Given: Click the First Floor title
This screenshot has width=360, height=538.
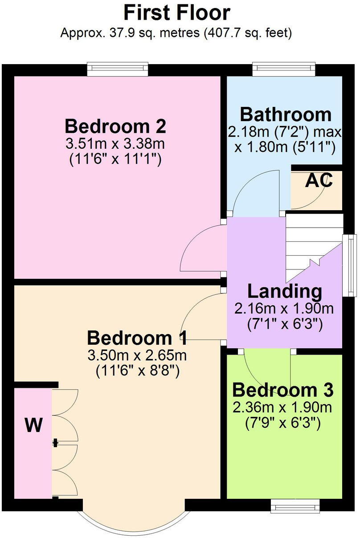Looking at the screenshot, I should click(x=177, y=12).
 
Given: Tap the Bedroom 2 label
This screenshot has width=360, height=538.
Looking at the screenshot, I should click(x=115, y=126).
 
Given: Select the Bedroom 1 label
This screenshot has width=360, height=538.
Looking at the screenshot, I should click(x=137, y=338).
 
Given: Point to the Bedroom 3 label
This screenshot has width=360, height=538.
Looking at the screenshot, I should click(x=283, y=391).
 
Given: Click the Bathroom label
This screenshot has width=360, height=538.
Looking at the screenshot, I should click(x=286, y=114).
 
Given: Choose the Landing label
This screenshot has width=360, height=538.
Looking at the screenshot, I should click(x=285, y=291).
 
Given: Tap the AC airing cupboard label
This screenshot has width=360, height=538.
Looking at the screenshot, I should click(x=319, y=181).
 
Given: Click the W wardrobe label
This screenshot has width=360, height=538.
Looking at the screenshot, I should click(x=33, y=426).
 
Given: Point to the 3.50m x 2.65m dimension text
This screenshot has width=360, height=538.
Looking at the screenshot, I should click(x=137, y=355).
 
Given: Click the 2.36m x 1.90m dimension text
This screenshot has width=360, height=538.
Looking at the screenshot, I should click(x=283, y=408).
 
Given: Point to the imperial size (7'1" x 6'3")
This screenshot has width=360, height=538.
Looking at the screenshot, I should click(x=285, y=324).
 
